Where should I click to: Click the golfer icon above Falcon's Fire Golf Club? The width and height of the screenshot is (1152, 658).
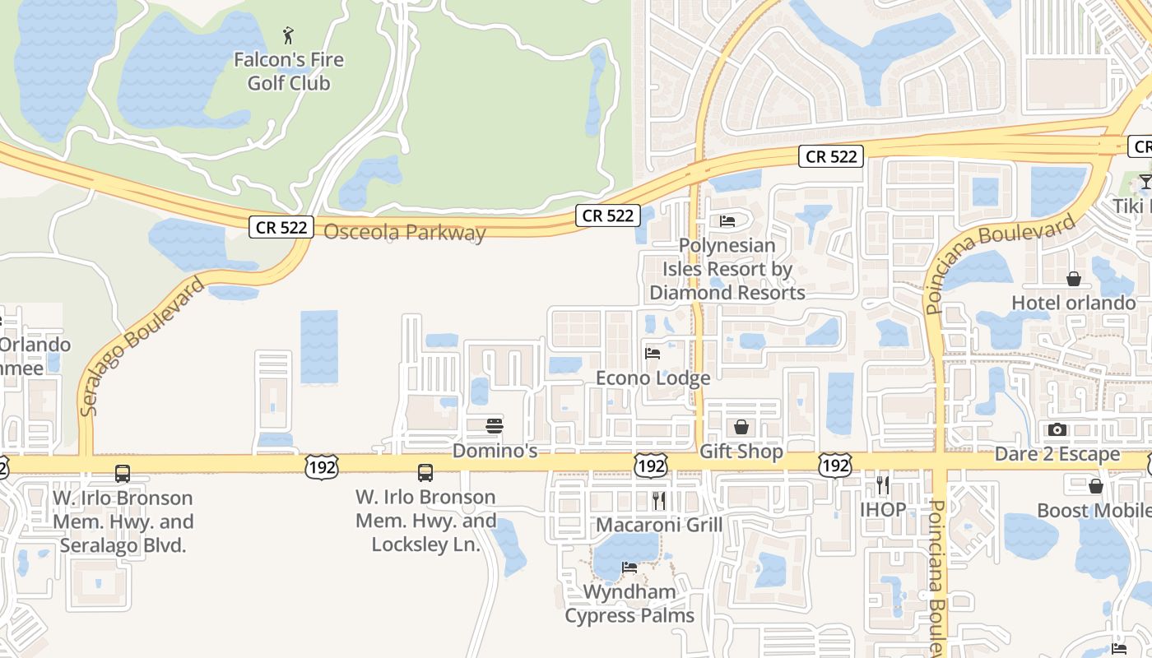[x=288, y=35]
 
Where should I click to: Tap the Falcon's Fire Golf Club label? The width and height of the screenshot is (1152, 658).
[x=289, y=72]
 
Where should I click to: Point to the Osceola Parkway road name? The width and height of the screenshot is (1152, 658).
[x=404, y=233]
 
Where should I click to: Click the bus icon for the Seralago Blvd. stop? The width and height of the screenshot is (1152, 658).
[x=123, y=474]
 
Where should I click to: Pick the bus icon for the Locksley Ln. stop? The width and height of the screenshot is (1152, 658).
[x=425, y=473]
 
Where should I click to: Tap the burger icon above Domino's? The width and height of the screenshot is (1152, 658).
[x=495, y=426]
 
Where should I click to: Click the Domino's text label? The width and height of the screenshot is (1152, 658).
[x=495, y=451]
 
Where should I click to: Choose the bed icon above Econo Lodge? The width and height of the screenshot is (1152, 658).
[x=653, y=354]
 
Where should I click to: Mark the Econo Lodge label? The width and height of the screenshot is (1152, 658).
[x=653, y=378]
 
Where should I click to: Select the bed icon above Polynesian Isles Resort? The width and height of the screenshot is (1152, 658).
[x=727, y=220]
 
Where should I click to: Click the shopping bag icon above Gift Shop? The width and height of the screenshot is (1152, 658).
[x=741, y=427]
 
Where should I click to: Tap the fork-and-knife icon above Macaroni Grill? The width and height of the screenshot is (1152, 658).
[x=659, y=500]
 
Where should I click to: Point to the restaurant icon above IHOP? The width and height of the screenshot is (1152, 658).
[x=883, y=484]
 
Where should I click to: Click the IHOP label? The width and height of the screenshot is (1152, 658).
[x=883, y=509]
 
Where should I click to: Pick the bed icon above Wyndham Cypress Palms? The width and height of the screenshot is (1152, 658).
[x=629, y=568]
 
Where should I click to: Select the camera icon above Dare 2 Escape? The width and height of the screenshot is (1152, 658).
[x=1057, y=429]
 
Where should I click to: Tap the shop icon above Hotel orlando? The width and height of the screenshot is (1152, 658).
[x=1074, y=279]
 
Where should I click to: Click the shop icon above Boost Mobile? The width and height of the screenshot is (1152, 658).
[x=1096, y=486]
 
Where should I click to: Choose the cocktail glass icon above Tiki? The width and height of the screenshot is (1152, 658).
[x=1145, y=181]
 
